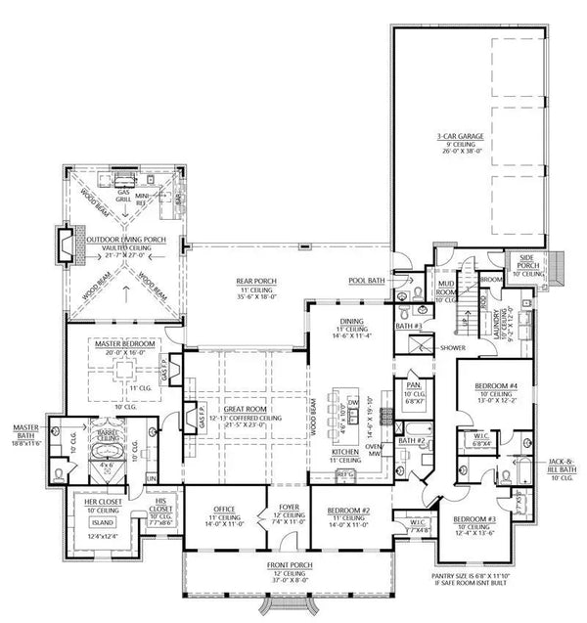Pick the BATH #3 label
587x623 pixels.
[x=408, y=326]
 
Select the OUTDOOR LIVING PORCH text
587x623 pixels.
[x=122, y=237]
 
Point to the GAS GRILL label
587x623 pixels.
[x=124, y=196]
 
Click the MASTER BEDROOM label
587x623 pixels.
[x=121, y=345]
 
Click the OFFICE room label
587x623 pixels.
[x=224, y=510]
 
